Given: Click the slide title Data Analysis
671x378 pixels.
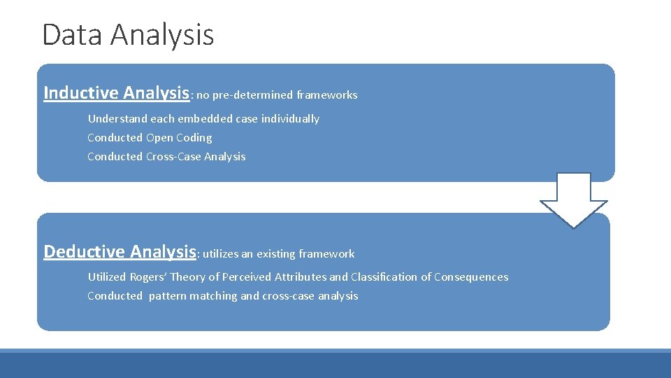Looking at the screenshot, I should coord(128,35).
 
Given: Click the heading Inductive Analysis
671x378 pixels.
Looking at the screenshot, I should coord(117,93).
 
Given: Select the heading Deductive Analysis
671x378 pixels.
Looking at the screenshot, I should coord(120,251).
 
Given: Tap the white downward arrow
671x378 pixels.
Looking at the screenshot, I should coord(574,199).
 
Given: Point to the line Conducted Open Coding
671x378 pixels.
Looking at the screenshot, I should coord(150,138).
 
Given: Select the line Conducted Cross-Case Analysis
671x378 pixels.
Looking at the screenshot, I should coord(166,157).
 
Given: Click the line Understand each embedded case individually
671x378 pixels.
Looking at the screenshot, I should coord(203,119).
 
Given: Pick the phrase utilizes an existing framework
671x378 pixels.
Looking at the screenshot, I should coord(278,253).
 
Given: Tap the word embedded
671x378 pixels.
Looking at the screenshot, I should coord(204,119).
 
